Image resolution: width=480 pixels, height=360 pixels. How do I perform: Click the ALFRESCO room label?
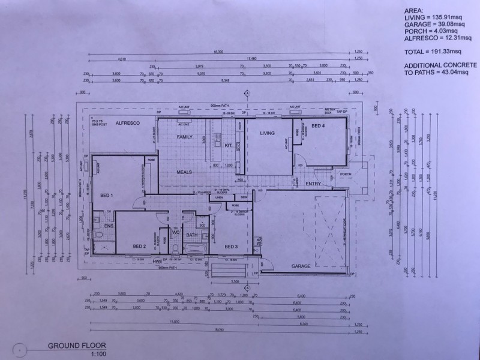tap(128, 122)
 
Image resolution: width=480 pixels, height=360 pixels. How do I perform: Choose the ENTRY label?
tap(313, 184)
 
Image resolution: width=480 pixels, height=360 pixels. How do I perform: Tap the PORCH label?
tap(346, 176)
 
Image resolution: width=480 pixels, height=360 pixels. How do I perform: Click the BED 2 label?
tap(140, 246)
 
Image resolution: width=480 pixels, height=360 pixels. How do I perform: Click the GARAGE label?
tap(301, 265)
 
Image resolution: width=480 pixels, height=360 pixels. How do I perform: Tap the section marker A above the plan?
tap(247, 94)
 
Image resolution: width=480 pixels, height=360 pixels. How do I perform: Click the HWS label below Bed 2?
tap(157, 262)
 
